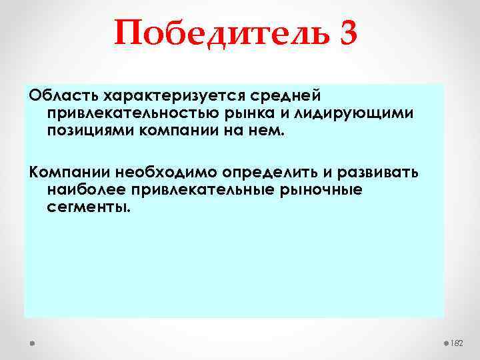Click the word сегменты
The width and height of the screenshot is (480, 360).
pyautogui.click(x=85, y=207)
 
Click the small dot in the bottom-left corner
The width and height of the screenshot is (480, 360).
pyautogui.click(x=31, y=343)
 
